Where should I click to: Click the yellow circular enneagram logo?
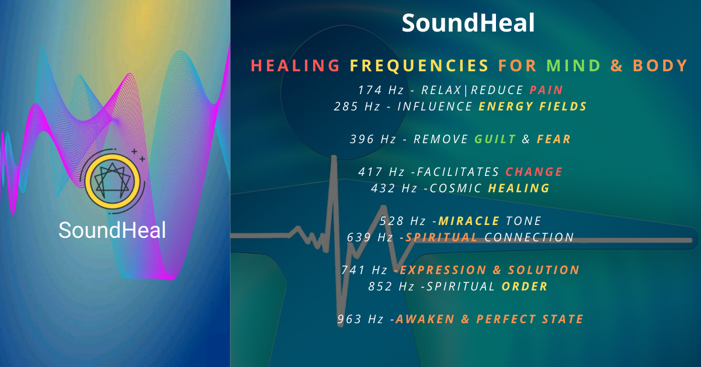(112, 181)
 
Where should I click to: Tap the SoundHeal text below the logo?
(112, 230)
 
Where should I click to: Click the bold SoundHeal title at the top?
(468, 23)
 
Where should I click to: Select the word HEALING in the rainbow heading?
(296, 65)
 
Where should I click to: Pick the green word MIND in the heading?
(573, 65)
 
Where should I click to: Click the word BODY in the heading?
(660, 65)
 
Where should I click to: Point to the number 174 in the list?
(370, 90)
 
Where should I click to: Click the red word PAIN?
(546, 90)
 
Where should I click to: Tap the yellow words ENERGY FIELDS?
(533, 106)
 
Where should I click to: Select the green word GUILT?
(495, 139)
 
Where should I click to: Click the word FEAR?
(554, 139)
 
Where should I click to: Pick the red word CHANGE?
(534, 172)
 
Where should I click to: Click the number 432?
(383, 188)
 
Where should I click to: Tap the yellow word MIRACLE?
(469, 221)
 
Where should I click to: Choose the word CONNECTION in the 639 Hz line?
(529, 237)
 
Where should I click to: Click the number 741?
(353, 270)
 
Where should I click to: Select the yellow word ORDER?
(525, 286)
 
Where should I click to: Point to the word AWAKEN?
(425, 319)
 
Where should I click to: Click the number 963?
(349, 319)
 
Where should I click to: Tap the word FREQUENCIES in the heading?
(419, 65)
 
